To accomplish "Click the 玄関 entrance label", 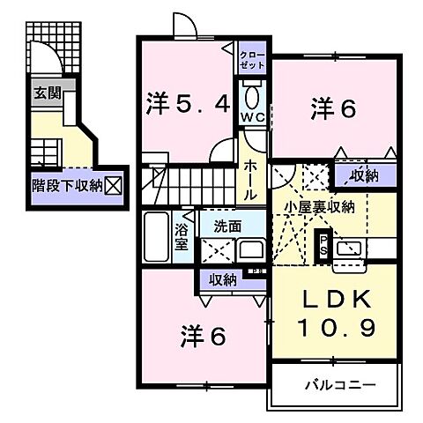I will (47, 92).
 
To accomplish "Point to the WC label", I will (255, 117).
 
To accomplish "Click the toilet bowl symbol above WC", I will (254, 95).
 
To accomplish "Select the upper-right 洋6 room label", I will (332, 108).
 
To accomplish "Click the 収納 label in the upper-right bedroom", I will (363, 175).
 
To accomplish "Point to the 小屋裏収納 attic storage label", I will (318, 207).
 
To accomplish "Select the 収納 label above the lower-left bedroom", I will (223, 279).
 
